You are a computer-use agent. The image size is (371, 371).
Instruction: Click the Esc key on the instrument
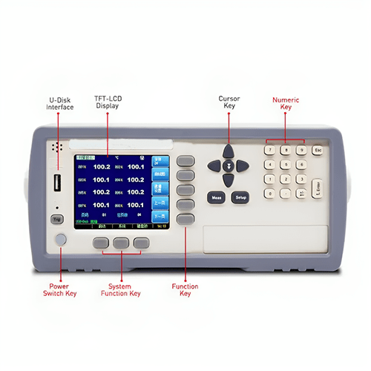coord(318,150)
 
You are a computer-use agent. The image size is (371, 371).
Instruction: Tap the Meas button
coord(216,198)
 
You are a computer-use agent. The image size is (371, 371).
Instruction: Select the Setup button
coord(240,198)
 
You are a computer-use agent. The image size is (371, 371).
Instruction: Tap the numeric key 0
coord(271,194)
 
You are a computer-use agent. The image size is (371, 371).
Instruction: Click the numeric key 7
coord(271,150)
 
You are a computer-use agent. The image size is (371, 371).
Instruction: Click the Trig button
coord(56,219)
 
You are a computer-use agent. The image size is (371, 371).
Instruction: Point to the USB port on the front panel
coord(56,183)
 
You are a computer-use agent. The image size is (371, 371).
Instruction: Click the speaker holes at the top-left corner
coord(54,148)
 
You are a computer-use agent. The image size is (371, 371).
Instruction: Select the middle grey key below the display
coord(121,242)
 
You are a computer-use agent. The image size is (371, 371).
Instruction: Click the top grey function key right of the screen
coord(185,161)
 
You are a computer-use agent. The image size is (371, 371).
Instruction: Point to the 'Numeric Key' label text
coord(286,103)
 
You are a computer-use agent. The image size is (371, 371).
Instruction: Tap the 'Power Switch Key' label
coord(59,290)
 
